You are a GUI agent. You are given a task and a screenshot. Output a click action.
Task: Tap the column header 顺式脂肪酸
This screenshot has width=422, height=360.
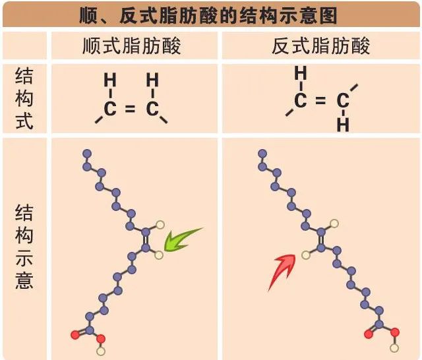[x=132, y=46]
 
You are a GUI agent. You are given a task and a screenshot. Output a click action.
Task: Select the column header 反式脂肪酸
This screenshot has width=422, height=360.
[x=321, y=46]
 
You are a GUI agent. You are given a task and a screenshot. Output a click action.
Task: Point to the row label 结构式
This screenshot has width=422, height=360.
[x=24, y=98]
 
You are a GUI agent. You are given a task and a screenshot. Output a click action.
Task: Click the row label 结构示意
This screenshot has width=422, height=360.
[x=24, y=246]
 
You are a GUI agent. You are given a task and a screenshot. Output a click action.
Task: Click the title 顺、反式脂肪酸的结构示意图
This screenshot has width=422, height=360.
[x=208, y=15]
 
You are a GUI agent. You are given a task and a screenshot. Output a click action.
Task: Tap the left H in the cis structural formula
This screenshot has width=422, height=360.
[x=110, y=80]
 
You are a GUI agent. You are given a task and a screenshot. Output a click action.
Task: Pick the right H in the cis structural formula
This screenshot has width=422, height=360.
[x=152, y=80]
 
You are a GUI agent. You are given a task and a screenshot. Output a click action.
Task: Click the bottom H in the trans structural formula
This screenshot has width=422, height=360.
[x=343, y=125]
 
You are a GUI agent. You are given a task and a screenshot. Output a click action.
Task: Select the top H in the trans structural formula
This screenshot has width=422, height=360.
[x=301, y=73]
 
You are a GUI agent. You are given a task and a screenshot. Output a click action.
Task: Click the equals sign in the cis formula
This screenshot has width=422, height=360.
[x=130, y=108]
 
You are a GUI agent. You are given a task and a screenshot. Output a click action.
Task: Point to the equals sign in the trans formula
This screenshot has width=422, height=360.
[x=320, y=100]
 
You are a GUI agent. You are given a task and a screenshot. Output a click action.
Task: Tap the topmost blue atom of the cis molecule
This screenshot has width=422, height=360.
[x=87, y=154]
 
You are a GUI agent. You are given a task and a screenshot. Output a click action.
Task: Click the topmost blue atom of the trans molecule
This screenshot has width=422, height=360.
[x=262, y=154]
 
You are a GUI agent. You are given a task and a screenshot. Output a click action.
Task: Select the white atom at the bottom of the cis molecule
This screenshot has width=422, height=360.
[x=101, y=351]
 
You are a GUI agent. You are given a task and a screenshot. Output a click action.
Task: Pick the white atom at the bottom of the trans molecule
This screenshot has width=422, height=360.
[x=394, y=348]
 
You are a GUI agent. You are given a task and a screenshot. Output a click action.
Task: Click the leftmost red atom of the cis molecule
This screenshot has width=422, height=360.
[x=75, y=335]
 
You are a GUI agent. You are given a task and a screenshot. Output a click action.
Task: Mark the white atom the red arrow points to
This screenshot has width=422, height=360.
[x=306, y=255]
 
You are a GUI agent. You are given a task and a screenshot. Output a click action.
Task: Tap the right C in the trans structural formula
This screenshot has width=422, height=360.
[x=343, y=101]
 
